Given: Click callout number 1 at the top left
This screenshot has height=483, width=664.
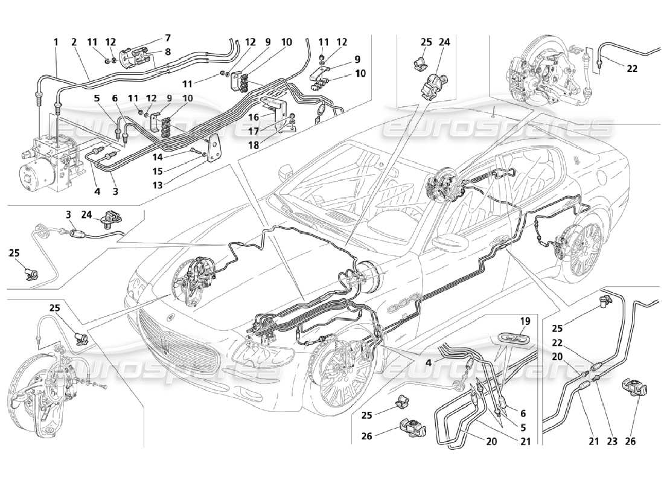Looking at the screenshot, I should click(56, 42).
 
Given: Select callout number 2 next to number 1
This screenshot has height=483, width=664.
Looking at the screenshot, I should click(74, 42).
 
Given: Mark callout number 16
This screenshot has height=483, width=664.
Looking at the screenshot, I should click(255, 117).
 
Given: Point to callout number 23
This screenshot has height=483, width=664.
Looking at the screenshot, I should click(611, 442).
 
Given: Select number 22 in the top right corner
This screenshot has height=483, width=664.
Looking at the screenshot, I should click(632, 68).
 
